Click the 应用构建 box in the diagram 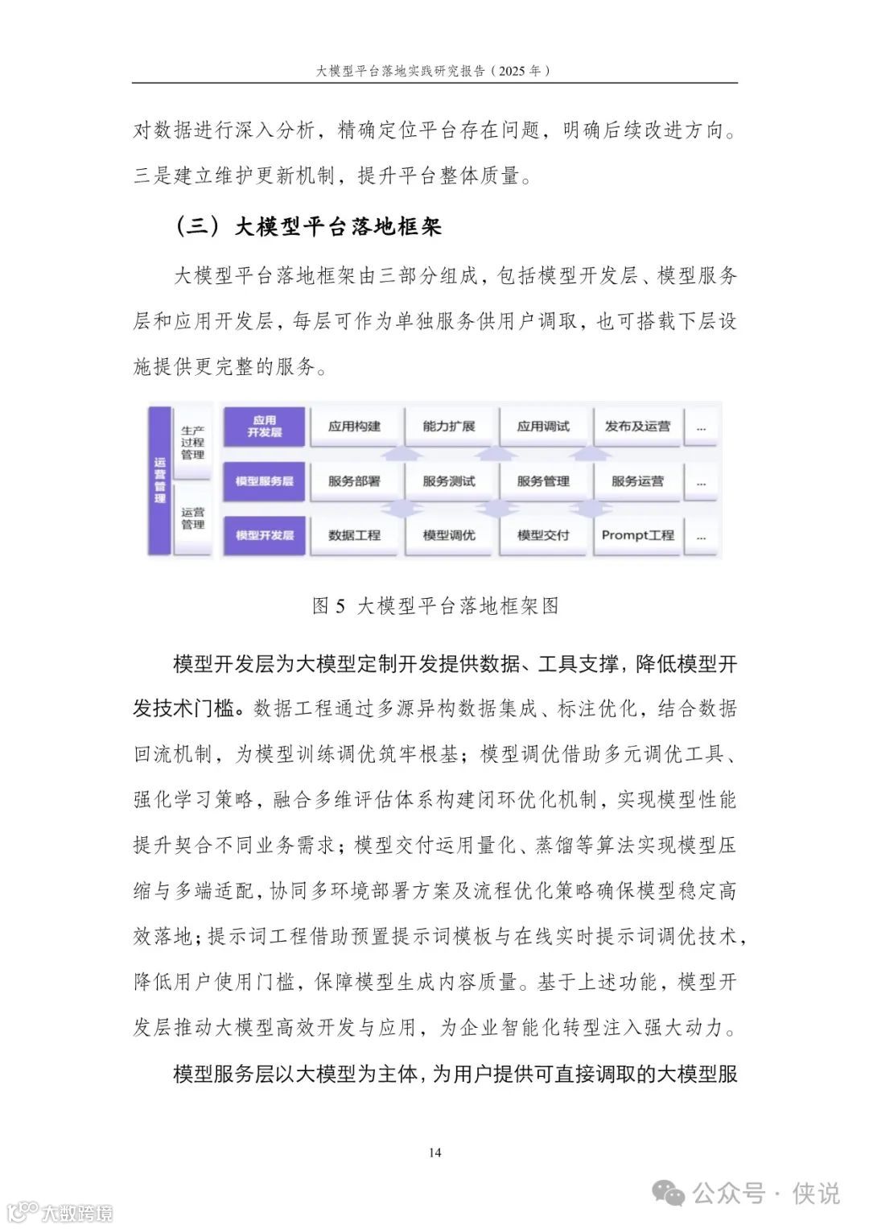point(354,427)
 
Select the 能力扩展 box point(449,427)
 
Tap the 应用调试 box point(543,427)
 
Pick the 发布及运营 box point(637,427)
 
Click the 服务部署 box point(354,481)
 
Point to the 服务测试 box point(449,481)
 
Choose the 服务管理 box point(543,481)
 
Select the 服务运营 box point(637,481)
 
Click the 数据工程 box point(354,535)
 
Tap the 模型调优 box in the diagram point(449,535)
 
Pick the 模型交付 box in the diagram point(543,535)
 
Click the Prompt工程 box point(637,535)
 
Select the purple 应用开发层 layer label point(265,427)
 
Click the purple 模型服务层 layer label point(265,481)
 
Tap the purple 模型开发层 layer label point(265,535)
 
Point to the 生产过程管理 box point(193,443)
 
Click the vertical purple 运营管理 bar point(160,480)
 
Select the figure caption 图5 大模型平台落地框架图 point(435,606)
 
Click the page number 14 point(434,1153)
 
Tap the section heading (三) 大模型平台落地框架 point(309,226)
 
